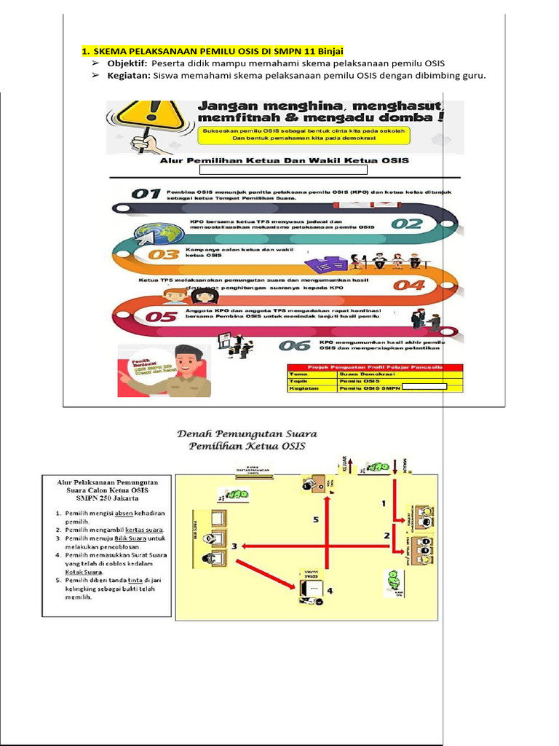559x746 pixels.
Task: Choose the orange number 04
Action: point(408,285)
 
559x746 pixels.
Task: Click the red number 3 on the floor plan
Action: point(234,546)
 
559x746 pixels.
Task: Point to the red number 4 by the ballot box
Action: point(330,590)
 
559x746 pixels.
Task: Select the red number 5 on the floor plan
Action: point(315,519)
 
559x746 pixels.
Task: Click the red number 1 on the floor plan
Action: point(384,503)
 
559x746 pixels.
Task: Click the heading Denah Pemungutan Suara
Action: point(250,434)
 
